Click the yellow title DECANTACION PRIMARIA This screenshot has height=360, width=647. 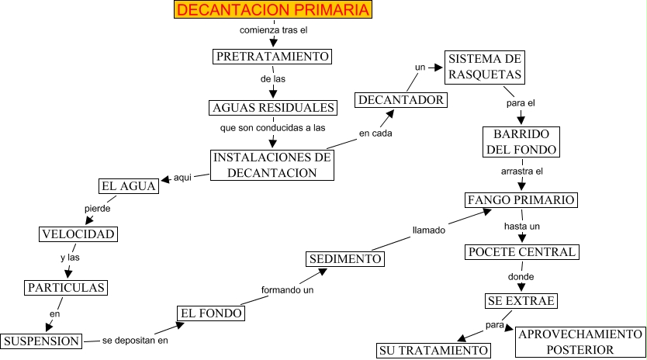[272, 10]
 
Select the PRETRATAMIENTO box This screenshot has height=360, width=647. [272, 57]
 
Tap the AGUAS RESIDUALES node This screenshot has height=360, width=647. [273, 107]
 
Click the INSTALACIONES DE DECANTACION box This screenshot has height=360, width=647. [272, 165]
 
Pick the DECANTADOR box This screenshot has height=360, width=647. [401, 99]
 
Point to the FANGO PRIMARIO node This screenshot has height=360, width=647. [522, 199]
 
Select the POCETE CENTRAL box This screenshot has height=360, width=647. [522, 252]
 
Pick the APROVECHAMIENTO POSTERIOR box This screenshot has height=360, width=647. [580, 341]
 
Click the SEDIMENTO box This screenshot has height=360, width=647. [345, 258]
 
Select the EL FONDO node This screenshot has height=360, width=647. [212, 313]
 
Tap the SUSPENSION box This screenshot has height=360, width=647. [41, 341]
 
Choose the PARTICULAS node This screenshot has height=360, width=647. [65, 288]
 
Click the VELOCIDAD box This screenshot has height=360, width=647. [78, 234]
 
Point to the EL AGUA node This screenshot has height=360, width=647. [129, 185]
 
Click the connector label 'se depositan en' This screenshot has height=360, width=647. [135, 341]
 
